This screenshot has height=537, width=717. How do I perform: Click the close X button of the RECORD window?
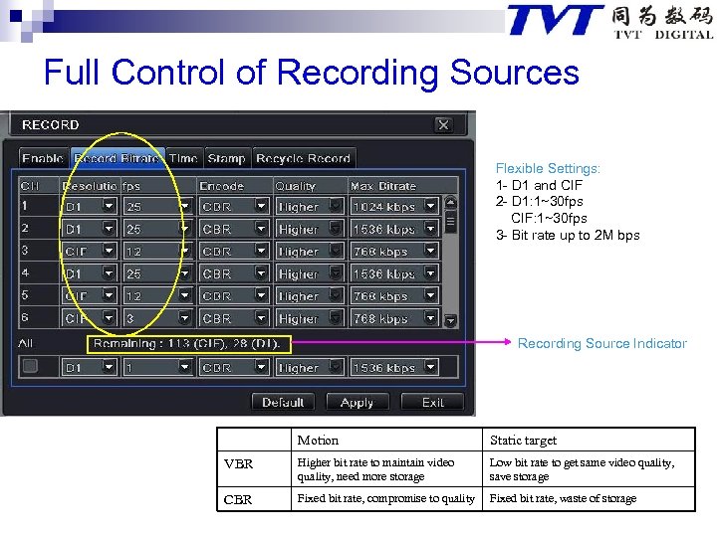click(443, 124)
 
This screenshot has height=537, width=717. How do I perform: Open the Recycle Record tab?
click(303, 158)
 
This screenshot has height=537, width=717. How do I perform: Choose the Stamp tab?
click(226, 158)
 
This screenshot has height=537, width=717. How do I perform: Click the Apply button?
click(357, 402)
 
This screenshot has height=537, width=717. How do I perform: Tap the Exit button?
click(432, 402)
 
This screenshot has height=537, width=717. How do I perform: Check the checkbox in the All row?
click(30, 367)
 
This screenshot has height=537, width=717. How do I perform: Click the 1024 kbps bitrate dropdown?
click(394, 207)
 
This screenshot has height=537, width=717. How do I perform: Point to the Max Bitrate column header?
click(382, 186)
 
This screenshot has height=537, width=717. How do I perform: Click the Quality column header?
click(296, 186)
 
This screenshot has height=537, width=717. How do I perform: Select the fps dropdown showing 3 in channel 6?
click(157, 319)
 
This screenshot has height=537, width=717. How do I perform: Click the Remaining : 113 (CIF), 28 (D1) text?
click(188, 344)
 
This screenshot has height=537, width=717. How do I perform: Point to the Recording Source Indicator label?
click(601, 344)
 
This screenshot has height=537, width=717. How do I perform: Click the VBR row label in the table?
click(239, 464)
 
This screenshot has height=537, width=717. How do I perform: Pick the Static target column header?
click(523, 440)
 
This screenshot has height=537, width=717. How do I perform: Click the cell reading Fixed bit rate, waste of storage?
click(563, 498)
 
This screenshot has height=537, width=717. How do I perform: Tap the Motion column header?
click(318, 440)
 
